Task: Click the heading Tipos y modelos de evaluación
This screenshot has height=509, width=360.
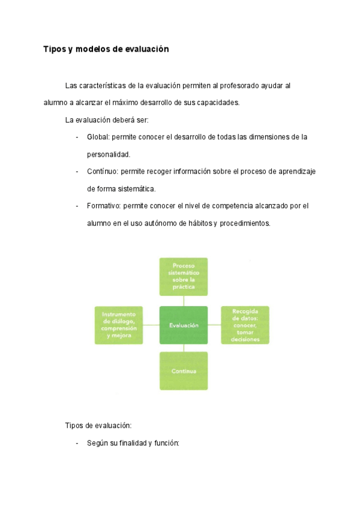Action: (106, 49)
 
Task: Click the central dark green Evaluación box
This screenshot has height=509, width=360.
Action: (183, 325)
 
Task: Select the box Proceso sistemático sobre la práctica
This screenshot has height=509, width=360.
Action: (183, 277)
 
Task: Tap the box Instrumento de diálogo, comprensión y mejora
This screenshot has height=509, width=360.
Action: (119, 325)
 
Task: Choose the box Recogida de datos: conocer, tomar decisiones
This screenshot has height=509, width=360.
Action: (245, 325)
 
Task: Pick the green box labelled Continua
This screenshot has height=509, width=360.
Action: (183, 371)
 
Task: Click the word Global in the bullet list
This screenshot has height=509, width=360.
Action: (98, 137)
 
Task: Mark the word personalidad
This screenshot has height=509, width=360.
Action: (108, 154)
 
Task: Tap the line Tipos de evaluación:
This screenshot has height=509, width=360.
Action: (98, 426)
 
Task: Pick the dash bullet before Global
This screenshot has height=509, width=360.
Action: (77, 137)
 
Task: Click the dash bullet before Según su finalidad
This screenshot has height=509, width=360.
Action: (77, 443)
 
